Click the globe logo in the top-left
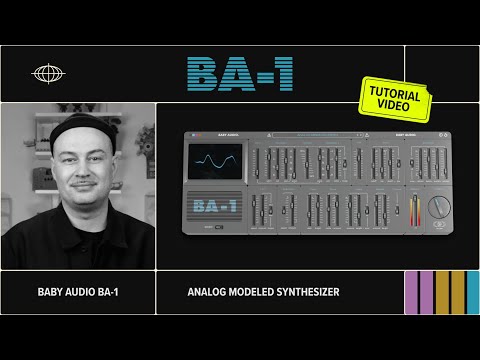pyautogui.click(x=47, y=73)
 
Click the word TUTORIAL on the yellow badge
pyautogui.click(x=397, y=90)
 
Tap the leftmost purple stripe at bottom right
pyautogui.click(x=411, y=293)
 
